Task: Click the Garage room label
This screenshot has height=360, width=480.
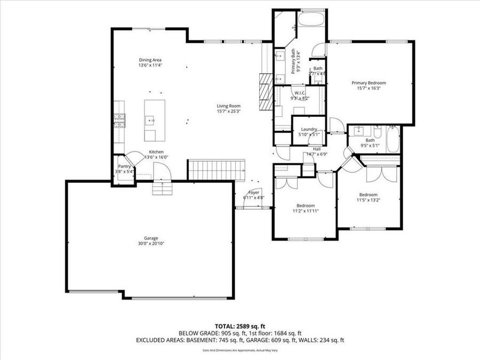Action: tap(150, 238)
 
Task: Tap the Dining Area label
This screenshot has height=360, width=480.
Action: tap(150, 60)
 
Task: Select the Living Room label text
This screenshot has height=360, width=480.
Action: tap(228, 106)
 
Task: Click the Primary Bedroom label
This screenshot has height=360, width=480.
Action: tap(369, 83)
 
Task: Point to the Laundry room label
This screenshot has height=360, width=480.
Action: tap(309, 129)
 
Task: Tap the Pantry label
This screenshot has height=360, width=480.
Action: tap(125, 166)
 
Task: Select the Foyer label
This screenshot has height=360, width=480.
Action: tap(254, 192)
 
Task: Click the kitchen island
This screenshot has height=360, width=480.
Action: tap(154, 121)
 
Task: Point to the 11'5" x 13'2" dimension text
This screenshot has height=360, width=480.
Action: tap(368, 201)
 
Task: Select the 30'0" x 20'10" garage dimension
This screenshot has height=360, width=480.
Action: tap(150, 244)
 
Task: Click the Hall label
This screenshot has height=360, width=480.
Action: tap(317, 149)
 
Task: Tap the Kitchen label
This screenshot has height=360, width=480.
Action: tap(156, 152)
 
